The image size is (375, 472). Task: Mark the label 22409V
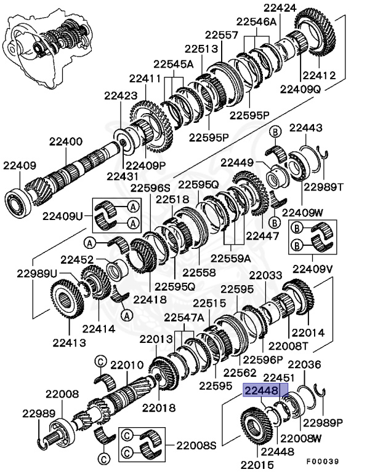(313, 269)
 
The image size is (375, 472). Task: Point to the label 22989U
(37, 272)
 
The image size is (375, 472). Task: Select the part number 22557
(222, 36)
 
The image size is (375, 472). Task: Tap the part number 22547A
(184, 317)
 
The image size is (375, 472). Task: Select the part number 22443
(306, 127)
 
